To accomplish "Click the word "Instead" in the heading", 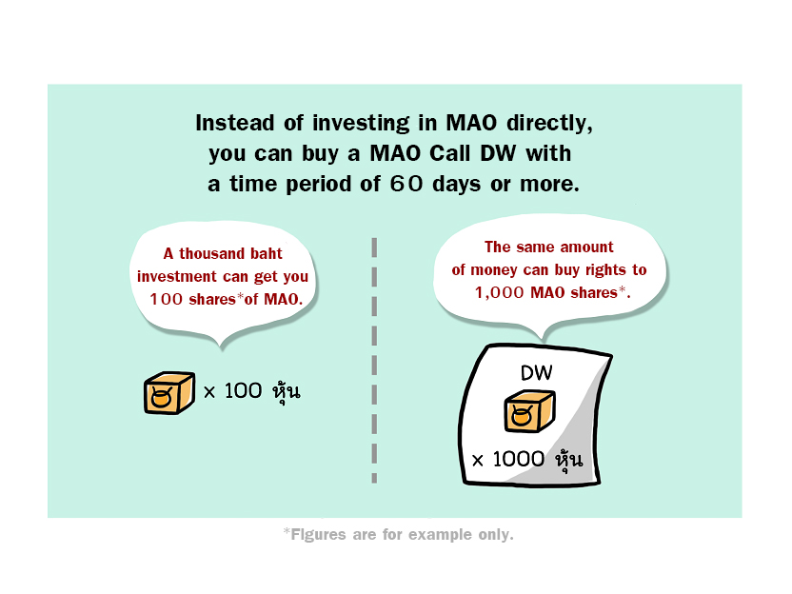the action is tap(235, 123).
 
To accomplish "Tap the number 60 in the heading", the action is tap(406, 184).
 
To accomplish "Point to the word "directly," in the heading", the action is tap(549, 124).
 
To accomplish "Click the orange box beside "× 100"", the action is tap(169, 393).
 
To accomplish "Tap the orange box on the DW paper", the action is tap(530, 411).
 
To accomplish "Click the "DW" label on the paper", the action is tap(537, 373).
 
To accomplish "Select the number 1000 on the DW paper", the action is tap(518, 459).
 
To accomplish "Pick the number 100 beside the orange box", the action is tap(243, 390).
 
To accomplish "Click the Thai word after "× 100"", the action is tap(287, 391).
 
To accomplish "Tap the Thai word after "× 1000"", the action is tap(569, 460).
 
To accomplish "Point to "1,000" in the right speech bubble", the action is tap(499, 292).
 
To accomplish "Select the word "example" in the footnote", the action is tap(440, 535).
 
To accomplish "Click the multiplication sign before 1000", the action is tap(477, 460).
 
